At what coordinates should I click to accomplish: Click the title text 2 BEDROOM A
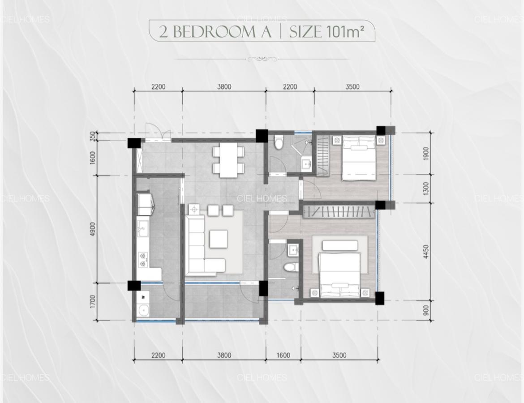pyautogui.click(x=215, y=32)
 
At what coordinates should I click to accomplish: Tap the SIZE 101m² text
pyautogui.click(x=326, y=31)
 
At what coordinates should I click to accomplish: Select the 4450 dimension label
pyautogui.click(x=425, y=252)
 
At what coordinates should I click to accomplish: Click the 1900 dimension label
pyautogui.click(x=425, y=154)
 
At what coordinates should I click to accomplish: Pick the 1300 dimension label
pyautogui.click(x=425, y=189)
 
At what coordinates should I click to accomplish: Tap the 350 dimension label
pyautogui.click(x=93, y=137)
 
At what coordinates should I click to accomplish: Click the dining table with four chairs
pyautogui.click(x=228, y=161)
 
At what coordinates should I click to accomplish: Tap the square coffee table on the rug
pyautogui.click(x=219, y=239)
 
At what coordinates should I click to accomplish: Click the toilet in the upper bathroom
pyautogui.click(x=278, y=141)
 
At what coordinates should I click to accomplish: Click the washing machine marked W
pyautogui.click(x=143, y=296)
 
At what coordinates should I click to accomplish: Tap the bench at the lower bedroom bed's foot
pyautogui.click(x=340, y=246)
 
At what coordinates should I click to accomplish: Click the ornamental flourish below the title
pyautogui.click(x=262, y=59)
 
